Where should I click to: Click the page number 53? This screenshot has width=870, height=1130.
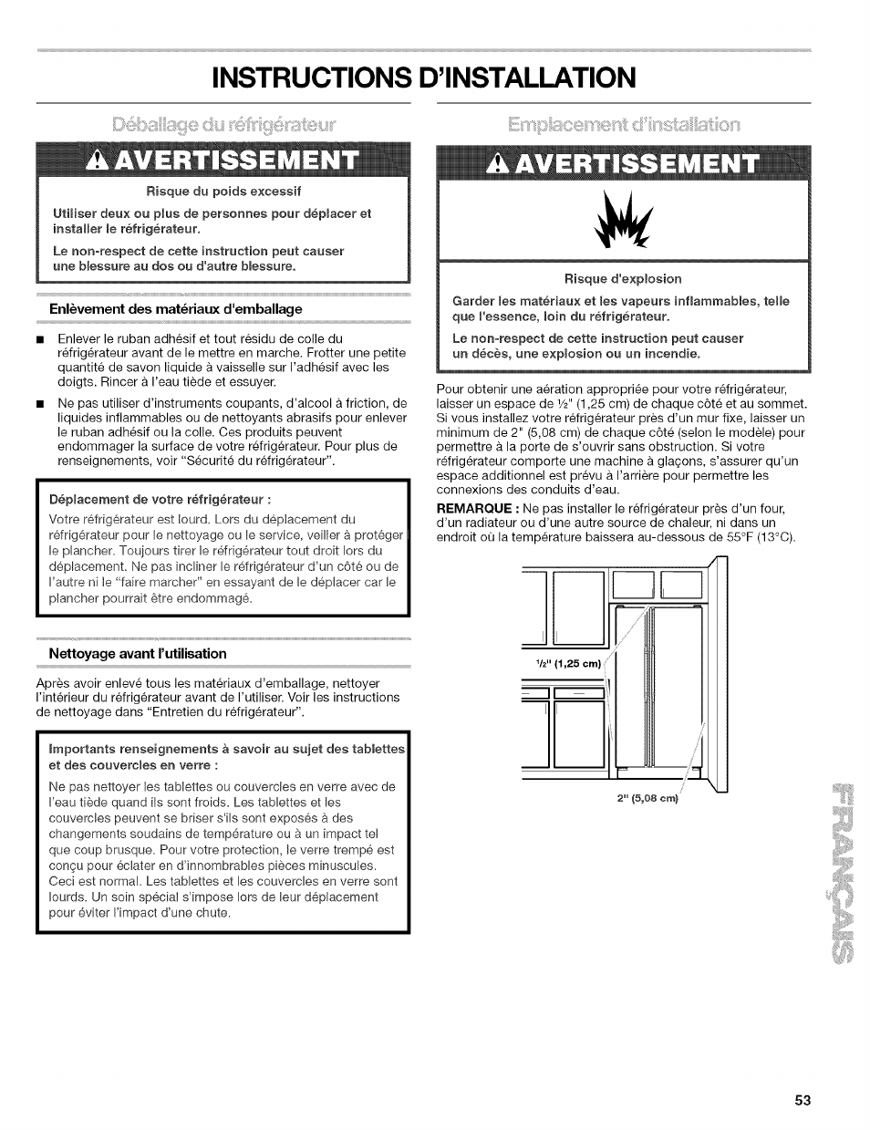(802, 1099)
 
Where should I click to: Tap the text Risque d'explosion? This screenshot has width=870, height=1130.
(623, 278)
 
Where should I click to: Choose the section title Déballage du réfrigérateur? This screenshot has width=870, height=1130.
(223, 124)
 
